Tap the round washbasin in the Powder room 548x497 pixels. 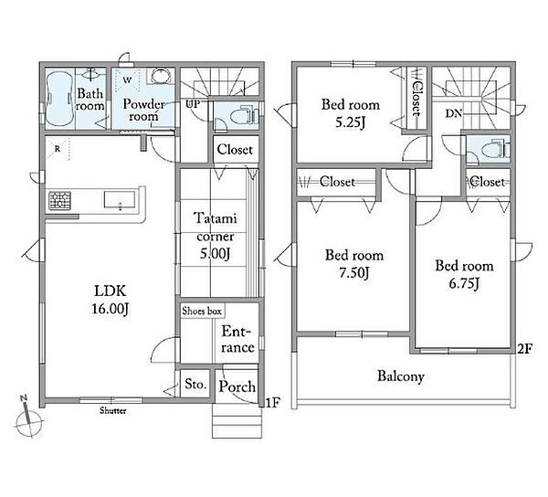[x=161, y=76]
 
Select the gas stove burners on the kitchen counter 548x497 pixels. [x=59, y=201]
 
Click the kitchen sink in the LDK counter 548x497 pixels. [x=119, y=200]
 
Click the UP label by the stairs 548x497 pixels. [x=193, y=104]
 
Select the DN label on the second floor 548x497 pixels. [x=453, y=113]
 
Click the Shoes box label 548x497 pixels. [x=202, y=311]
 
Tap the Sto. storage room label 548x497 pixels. [x=195, y=385]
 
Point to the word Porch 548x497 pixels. [x=237, y=386]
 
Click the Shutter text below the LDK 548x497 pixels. [x=112, y=410]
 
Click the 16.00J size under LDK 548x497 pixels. [x=111, y=308]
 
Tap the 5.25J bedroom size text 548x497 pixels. [x=350, y=122]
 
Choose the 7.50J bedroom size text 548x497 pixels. [x=354, y=272]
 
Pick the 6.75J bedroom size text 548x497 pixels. [x=464, y=283]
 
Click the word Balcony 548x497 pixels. [x=401, y=376]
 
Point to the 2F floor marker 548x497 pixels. [x=524, y=348]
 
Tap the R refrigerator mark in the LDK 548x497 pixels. [x=58, y=149]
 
